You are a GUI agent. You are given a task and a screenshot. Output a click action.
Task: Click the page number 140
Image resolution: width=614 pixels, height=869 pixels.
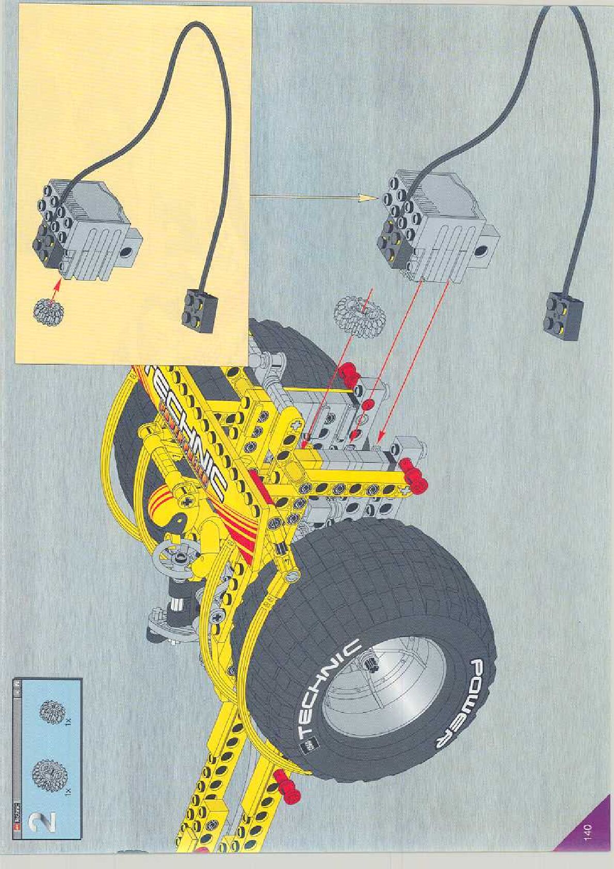coord(588,832)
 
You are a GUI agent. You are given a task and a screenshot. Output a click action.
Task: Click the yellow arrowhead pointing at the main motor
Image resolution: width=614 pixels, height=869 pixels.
coord(368,197)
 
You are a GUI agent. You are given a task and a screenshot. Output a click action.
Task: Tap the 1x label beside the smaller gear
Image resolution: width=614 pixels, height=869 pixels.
coord(69,722)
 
